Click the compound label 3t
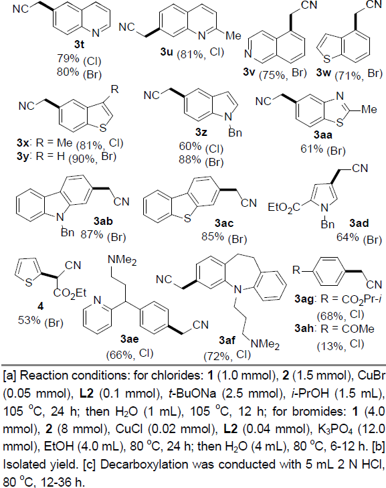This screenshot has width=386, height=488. [x=79, y=44]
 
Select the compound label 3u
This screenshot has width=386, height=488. [x=167, y=52]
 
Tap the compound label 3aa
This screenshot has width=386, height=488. [x=323, y=135]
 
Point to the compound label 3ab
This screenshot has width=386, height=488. [x=103, y=222]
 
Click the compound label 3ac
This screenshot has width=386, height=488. [x=224, y=223]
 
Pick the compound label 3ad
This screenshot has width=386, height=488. [x=359, y=223]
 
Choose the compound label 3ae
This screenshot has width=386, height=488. [x=129, y=339]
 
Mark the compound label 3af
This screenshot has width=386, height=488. [x=227, y=340]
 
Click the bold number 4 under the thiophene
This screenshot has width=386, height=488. [x=40, y=307]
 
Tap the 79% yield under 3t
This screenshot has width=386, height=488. [x=68, y=58]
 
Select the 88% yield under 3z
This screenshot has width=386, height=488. [x=190, y=160]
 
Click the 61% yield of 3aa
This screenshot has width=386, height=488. [x=312, y=149]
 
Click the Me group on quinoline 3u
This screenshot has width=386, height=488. [x=233, y=35]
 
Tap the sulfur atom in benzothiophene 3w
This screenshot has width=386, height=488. [x=327, y=58]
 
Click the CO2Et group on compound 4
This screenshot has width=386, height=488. [x=70, y=293]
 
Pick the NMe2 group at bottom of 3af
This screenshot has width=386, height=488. [x=265, y=345]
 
